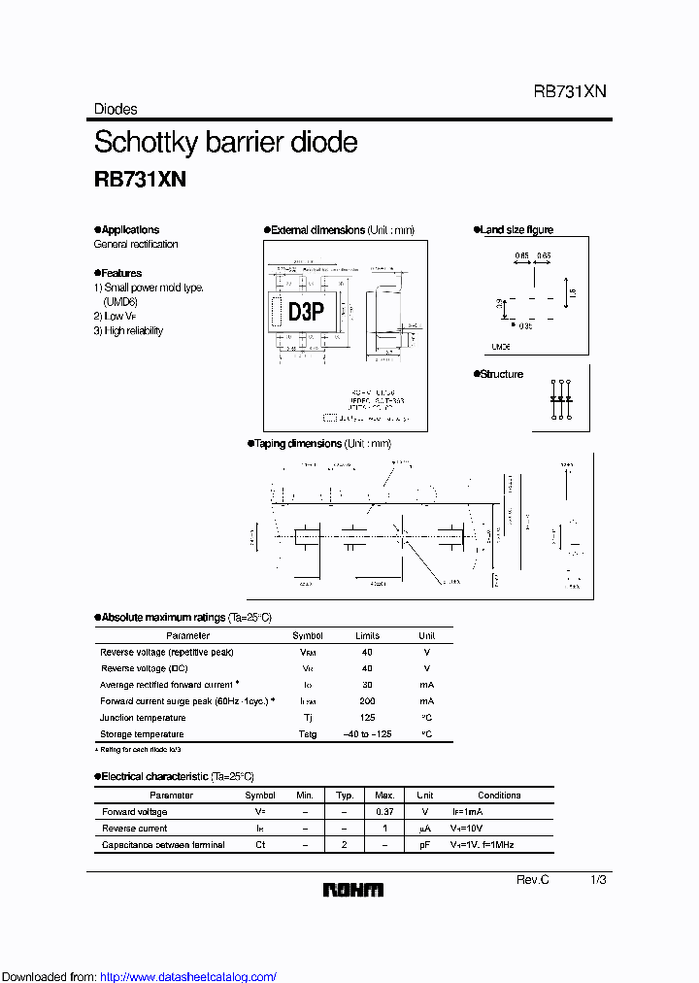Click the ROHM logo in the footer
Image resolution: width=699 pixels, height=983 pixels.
click(353, 890)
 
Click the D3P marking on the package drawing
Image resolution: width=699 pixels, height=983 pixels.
click(305, 311)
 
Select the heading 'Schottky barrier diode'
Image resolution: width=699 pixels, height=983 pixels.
click(225, 142)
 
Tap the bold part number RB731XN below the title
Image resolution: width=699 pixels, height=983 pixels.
click(140, 180)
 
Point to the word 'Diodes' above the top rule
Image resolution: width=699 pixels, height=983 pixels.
click(116, 110)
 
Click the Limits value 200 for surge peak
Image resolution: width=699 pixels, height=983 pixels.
click(368, 701)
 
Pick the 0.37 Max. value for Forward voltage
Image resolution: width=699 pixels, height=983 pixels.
click(384, 812)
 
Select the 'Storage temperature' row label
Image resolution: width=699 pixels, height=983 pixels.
click(142, 734)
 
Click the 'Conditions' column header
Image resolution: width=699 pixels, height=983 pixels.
click(499, 796)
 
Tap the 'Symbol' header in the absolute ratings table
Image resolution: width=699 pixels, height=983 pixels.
click(308, 635)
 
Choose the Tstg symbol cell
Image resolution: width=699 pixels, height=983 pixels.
click(308, 734)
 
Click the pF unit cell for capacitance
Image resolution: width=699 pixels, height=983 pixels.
click(424, 845)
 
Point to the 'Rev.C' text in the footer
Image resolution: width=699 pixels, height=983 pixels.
click(532, 879)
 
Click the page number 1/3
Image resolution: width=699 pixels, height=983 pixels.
click(598, 879)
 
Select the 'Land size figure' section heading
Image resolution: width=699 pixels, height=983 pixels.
click(516, 230)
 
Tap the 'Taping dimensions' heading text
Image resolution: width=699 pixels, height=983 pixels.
click(297, 443)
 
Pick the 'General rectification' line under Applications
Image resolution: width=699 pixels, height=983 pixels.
click(136, 245)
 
